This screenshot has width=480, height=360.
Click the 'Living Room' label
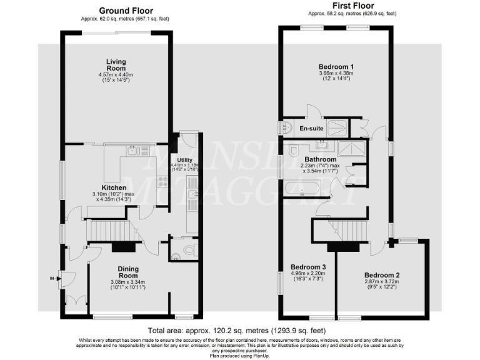point(116,64)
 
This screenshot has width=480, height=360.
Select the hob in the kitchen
point(164,182)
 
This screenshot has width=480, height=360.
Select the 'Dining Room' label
point(127,272)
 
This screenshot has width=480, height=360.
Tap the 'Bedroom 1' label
point(336,67)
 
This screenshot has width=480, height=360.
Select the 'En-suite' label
point(312,129)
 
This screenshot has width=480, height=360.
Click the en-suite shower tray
point(336,127)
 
